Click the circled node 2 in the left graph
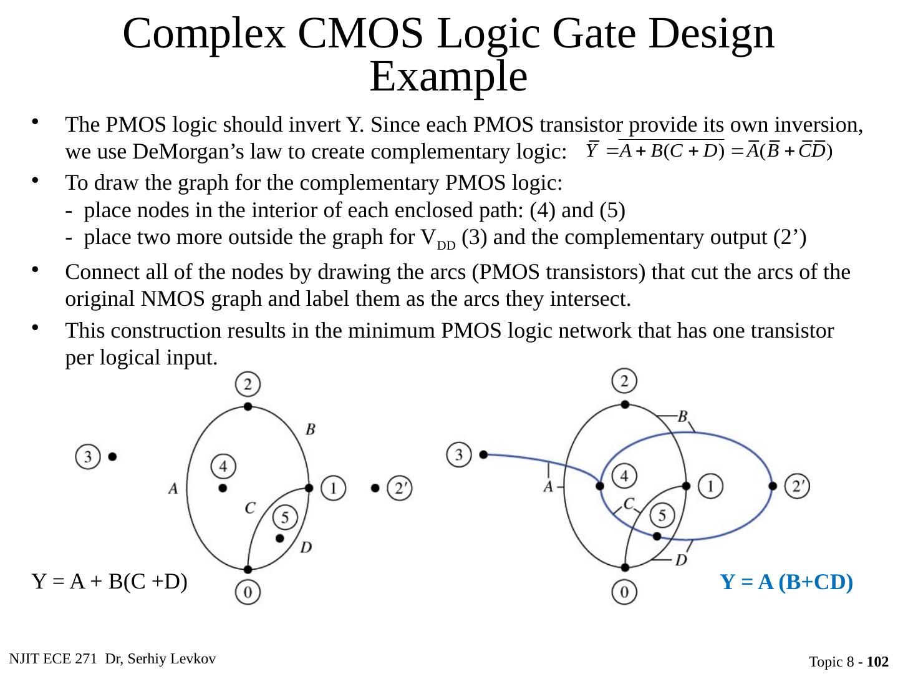tap(248, 384)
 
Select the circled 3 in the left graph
tap(89, 456)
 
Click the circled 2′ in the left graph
tap(400, 487)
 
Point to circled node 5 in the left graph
tap(285, 517)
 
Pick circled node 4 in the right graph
tap(624, 476)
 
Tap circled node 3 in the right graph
tap(460, 454)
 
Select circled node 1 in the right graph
tap(710, 485)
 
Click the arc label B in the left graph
tap(310, 429)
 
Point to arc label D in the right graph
tap(682, 559)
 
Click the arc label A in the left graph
tap(173, 488)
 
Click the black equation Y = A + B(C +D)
tap(110, 582)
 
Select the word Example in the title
tap(448, 77)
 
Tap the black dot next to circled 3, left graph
tap(112, 456)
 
